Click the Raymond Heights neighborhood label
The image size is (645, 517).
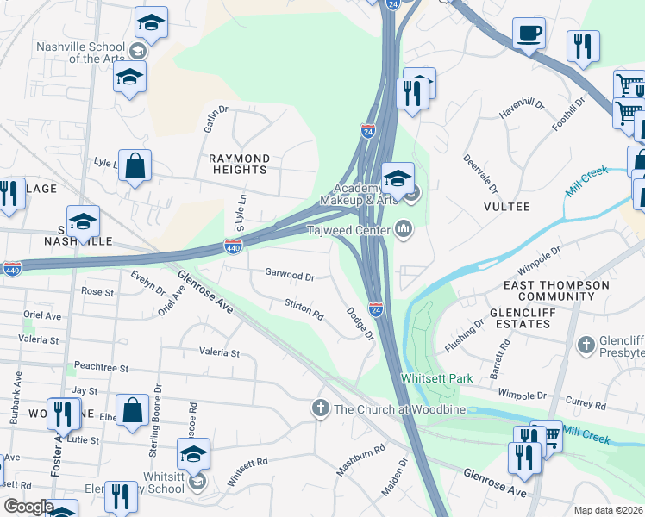coord(240,164)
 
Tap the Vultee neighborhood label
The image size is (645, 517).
coord(506,207)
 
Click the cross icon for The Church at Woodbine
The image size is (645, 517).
coord(320,408)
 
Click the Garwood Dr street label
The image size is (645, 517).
coord(290,274)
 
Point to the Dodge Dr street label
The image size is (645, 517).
coord(360,324)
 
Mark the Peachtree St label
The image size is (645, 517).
coord(101,368)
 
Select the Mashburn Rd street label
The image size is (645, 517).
coord(360,462)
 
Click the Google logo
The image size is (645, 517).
coord(28,507)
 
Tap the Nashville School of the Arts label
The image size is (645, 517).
coord(79,52)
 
